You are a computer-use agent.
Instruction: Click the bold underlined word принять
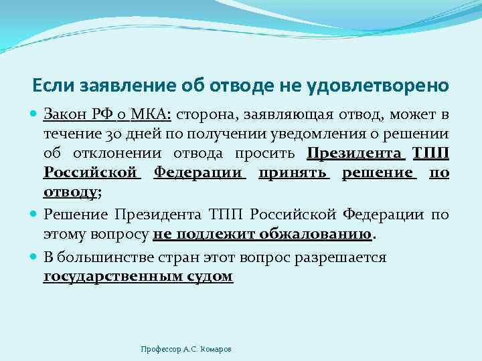pos(294,173)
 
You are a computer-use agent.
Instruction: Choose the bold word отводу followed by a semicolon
pos(70,192)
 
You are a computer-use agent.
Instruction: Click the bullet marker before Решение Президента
pos(35,215)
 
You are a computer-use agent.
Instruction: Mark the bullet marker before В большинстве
pos(35,257)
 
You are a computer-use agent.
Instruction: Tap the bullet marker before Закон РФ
pos(35,113)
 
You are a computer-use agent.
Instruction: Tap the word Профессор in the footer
pos(161,349)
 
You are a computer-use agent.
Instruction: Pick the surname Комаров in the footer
pos(215,349)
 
